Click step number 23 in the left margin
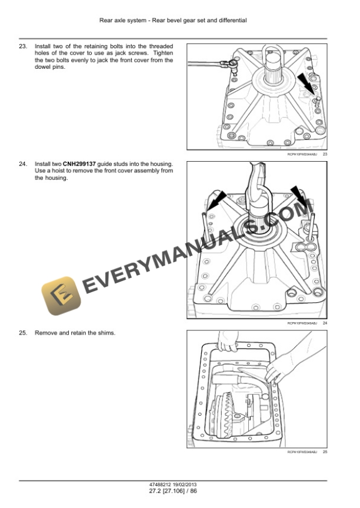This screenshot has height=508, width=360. point(23,45)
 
